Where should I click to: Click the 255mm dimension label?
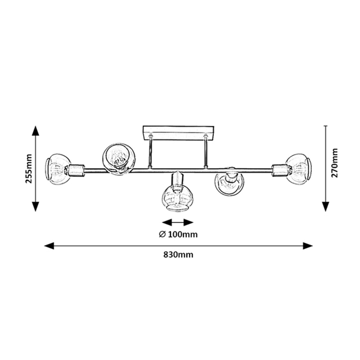click(29, 168)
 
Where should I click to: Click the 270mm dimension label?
click(334, 163)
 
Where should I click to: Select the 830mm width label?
click(178, 255)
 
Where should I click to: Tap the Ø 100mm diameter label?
click(178, 234)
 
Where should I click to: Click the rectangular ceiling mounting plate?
click(178, 133)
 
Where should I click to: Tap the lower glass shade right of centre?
click(229, 184)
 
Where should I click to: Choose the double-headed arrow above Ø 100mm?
click(178, 222)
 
